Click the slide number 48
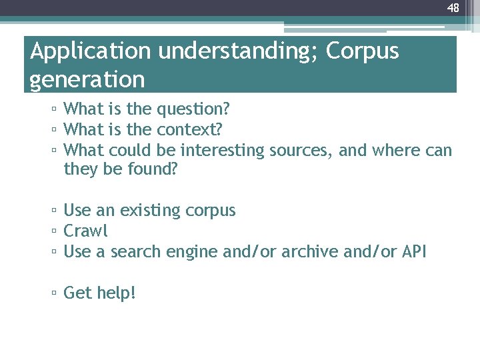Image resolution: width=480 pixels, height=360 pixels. point(453,8)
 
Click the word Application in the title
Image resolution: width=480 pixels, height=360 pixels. point(91,51)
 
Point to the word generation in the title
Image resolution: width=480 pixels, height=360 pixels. point(87,80)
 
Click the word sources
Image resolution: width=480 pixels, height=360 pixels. point(300,150)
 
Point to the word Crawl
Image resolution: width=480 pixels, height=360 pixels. point(85,231)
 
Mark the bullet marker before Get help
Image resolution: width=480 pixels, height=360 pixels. point(54,293)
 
